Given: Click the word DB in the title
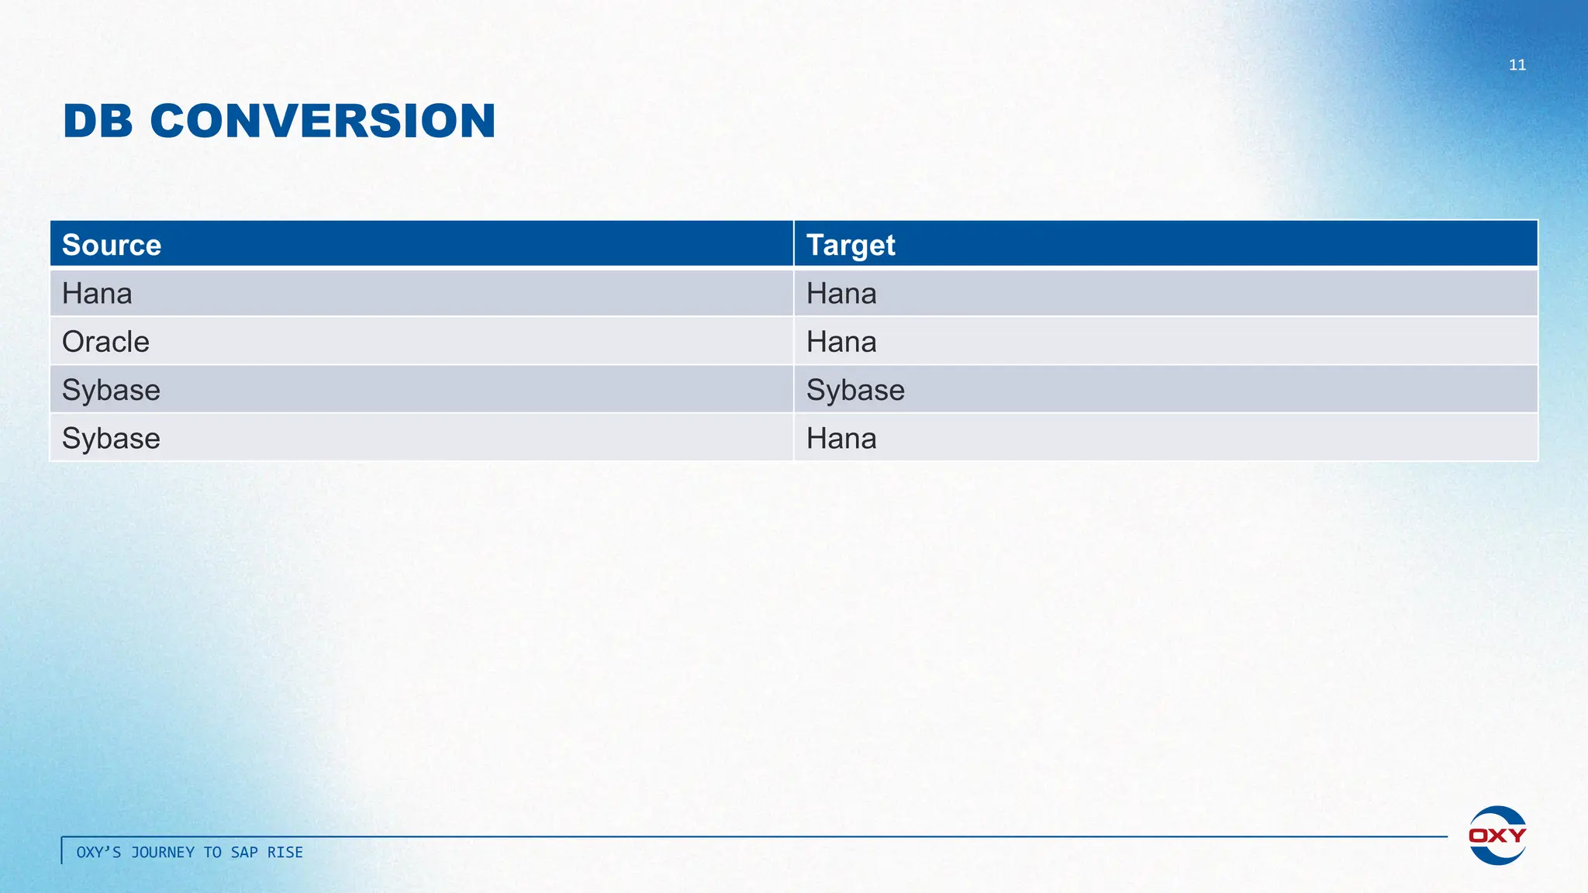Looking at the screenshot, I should (98, 122).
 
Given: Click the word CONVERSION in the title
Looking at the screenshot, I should (323, 122).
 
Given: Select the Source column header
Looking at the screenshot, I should (112, 245).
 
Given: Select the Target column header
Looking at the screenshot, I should (851, 245).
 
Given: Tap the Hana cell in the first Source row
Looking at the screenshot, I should (97, 294).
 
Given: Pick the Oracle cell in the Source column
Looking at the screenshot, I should (105, 342).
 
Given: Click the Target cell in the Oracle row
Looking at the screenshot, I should (841, 342).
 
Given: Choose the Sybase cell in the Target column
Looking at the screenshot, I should (855, 390).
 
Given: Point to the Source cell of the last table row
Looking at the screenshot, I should (111, 439).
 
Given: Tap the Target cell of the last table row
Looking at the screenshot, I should (841, 439).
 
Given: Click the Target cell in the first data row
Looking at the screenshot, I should (841, 294).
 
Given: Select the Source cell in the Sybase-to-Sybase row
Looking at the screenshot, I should (111, 390).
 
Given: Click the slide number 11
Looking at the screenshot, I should (1517, 65).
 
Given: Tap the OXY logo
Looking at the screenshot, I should (1497, 835).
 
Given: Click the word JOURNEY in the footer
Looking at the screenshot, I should (163, 853).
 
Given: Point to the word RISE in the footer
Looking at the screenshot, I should (285, 853).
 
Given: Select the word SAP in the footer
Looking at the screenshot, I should (244, 853).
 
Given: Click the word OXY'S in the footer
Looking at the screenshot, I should (98, 853).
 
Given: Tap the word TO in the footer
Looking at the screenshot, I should (212, 853).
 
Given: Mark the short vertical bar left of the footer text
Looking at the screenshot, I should (62, 850).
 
